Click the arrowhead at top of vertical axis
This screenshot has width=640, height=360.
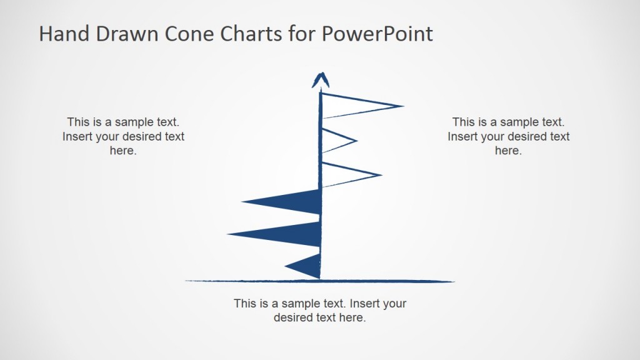pos(321,79)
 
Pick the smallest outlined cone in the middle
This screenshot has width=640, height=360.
pos(334,141)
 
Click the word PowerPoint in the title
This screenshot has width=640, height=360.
pos(377,34)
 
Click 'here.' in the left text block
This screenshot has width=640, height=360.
pos(123,151)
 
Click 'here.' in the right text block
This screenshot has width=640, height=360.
pos(508,151)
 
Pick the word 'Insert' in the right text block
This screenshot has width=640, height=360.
pos(463,136)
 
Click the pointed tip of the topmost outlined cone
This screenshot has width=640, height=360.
pos(402,106)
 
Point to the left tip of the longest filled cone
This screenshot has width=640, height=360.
pos(229,234)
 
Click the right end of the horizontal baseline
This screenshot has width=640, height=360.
pos(452,281)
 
